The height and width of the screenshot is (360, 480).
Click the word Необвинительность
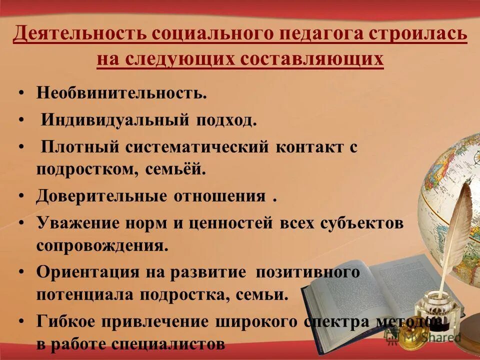point(121,93)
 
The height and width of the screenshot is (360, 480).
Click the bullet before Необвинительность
point(21,93)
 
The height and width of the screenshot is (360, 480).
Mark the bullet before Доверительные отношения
point(21,195)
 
